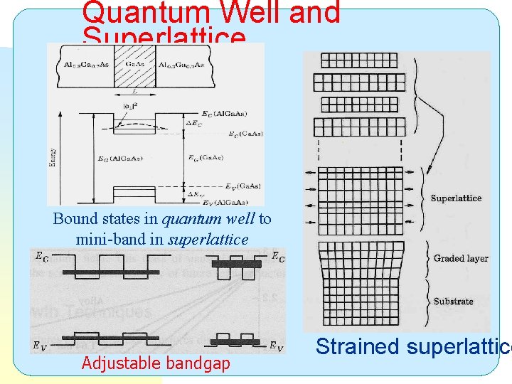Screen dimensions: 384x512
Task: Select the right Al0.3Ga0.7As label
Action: [181, 65]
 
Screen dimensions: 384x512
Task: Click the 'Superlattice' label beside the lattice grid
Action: [456, 198]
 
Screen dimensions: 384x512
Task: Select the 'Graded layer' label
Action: [460, 258]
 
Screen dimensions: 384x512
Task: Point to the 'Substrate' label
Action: [453, 301]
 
